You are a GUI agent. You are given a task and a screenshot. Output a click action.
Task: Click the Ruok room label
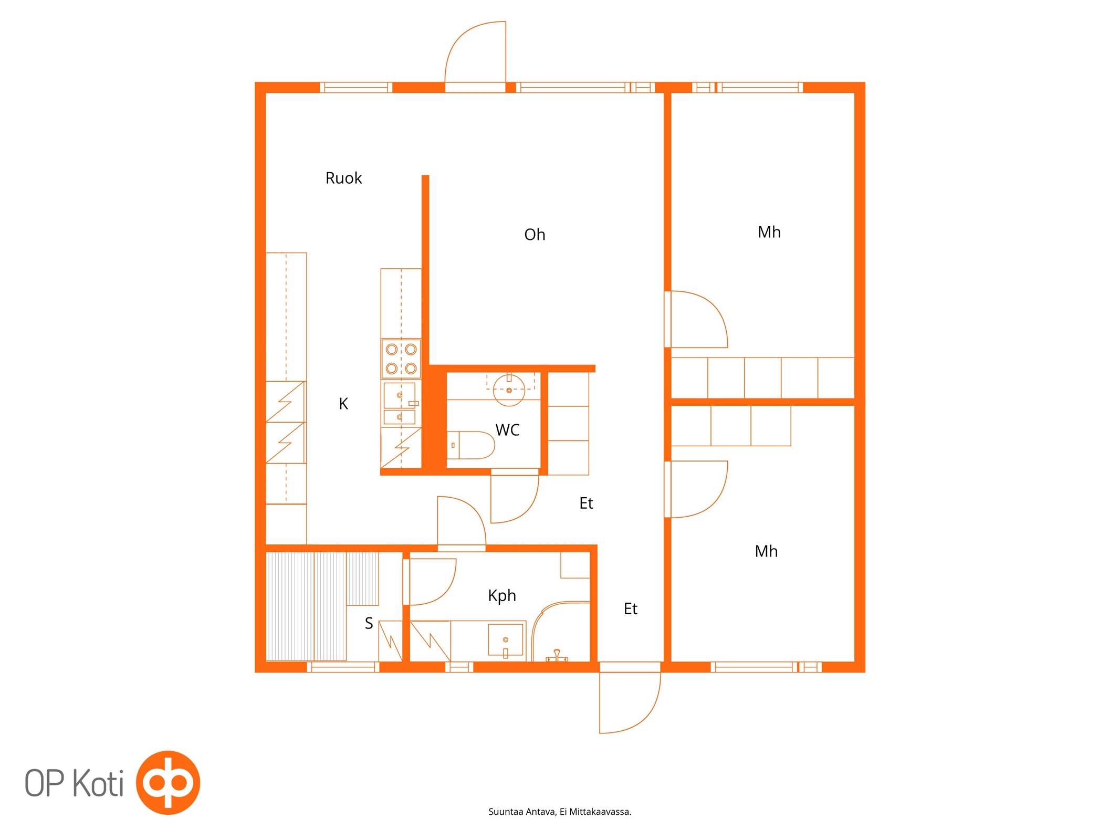[x=343, y=178]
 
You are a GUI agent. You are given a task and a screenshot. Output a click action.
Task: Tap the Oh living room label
[x=535, y=234]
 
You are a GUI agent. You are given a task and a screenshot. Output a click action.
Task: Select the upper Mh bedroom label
[x=769, y=232]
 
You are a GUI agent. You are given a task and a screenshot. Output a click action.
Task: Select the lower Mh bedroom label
[x=766, y=551]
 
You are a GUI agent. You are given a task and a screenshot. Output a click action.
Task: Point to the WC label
[x=507, y=430]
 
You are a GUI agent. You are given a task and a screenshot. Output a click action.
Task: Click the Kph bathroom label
[x=502, y=595]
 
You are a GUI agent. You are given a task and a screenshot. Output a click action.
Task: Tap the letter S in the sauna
[x=369, y=623]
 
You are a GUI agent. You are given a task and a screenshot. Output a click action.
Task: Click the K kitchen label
[x=343, y=404]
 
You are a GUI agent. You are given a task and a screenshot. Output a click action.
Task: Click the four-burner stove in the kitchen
[x=401, y=359]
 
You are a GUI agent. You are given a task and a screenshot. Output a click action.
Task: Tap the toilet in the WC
[x=470, y=445]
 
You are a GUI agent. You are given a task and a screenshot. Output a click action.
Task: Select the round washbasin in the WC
[x=509, y=390]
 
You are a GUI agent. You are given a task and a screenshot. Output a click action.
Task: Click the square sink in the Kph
[x=506, y=639]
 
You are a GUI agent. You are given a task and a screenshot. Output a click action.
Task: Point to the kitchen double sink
[x=400, y=403]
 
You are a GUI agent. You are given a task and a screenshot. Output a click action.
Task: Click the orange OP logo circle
[x=168, y=782]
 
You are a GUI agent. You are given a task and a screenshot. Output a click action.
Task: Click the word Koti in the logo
[x=98, y=783]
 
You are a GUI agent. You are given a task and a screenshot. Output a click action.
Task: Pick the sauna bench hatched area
[x=306, y=606]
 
